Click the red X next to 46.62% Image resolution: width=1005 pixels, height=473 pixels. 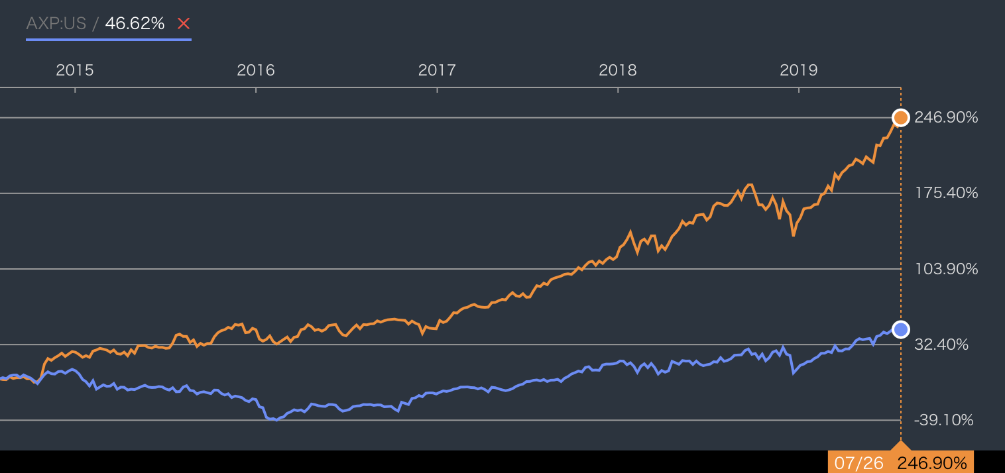tap(184, 23)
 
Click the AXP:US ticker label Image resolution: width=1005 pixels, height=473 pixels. tap(56, 23)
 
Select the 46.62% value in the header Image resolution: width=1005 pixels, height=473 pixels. tap(135, 23)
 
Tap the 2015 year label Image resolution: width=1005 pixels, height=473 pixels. tap(74, 70)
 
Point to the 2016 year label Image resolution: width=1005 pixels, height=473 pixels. tap(256, 70)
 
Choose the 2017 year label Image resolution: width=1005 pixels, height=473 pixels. tap(437, 70)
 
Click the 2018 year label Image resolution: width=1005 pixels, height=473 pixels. tap(618, 70)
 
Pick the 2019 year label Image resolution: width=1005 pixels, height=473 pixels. tap(799, 70)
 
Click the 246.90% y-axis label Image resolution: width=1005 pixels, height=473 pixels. tap(946, 117)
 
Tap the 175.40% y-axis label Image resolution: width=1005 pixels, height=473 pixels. tap(946, 193)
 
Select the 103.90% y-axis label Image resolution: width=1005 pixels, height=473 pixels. tap(946, 269)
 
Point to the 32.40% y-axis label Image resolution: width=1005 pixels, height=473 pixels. tap(941, 344)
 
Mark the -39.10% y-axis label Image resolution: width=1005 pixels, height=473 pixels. tap(944, 420)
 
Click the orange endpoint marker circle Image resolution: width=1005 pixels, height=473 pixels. tap(900, 118)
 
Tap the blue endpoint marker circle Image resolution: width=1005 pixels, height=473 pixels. tap(900, 329)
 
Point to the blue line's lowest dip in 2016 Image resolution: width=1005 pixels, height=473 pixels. tap(276, 420)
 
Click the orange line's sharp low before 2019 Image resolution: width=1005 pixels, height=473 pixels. tap(794, 235)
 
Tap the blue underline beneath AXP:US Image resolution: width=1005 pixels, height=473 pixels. tap(109, 40)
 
